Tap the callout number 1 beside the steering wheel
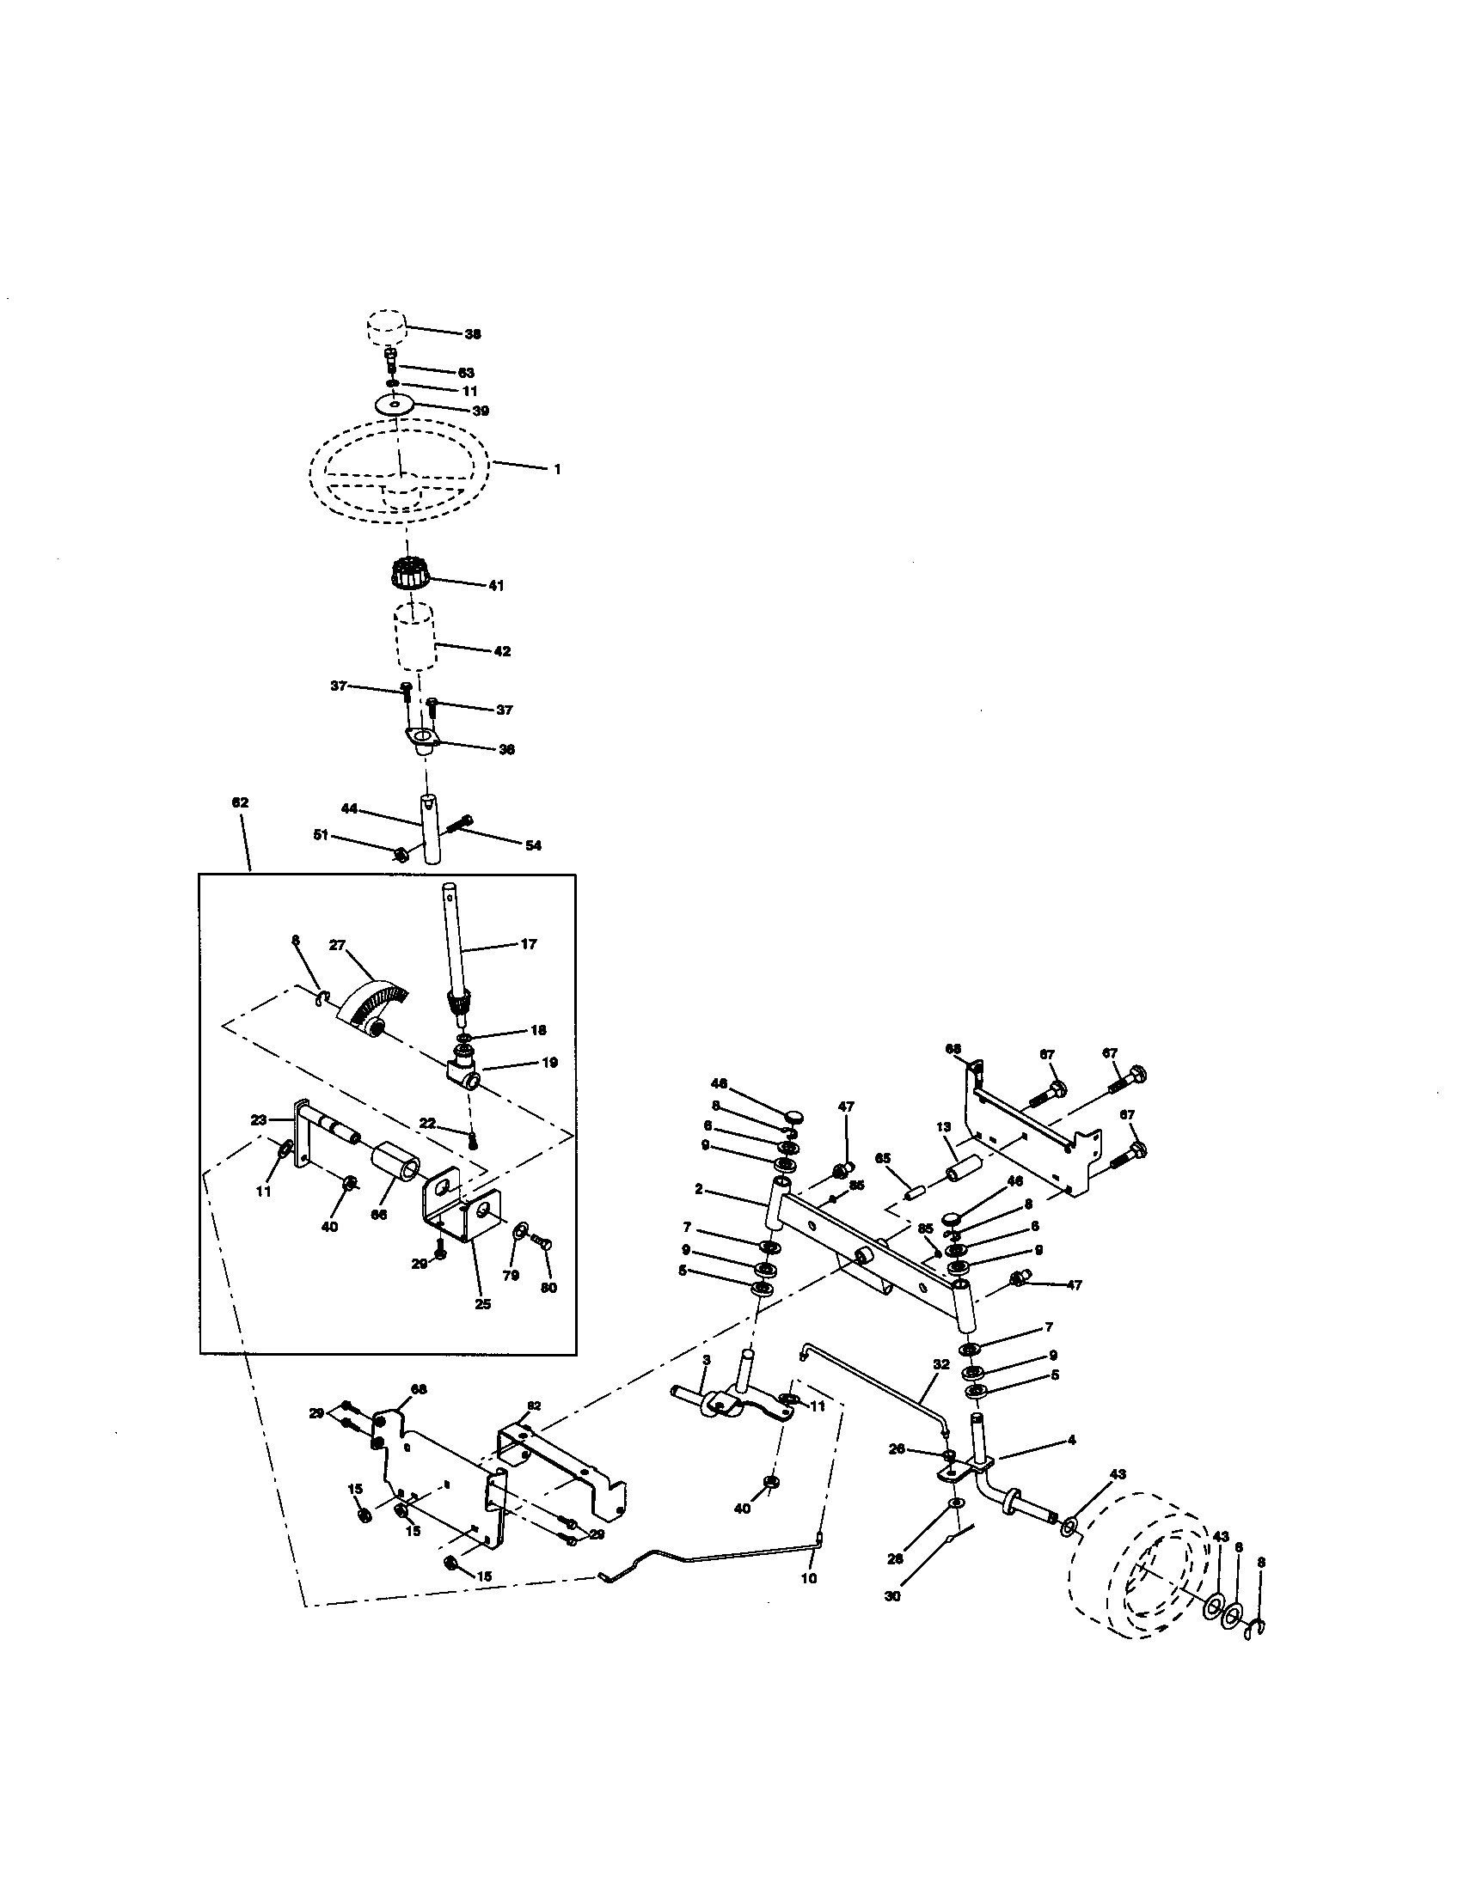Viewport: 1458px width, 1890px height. pos(558,469)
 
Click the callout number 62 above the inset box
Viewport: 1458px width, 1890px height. pos(240,802)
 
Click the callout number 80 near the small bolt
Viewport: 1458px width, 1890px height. pos(548,1287)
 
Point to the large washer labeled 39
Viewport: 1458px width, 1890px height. pos(395,404)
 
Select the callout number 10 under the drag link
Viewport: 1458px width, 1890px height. pos(809,1577)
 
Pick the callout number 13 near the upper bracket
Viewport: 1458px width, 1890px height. pos(943,1127)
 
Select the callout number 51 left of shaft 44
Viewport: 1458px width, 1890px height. pos(321,834)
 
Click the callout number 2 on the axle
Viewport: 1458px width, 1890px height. pos(698,1189)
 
